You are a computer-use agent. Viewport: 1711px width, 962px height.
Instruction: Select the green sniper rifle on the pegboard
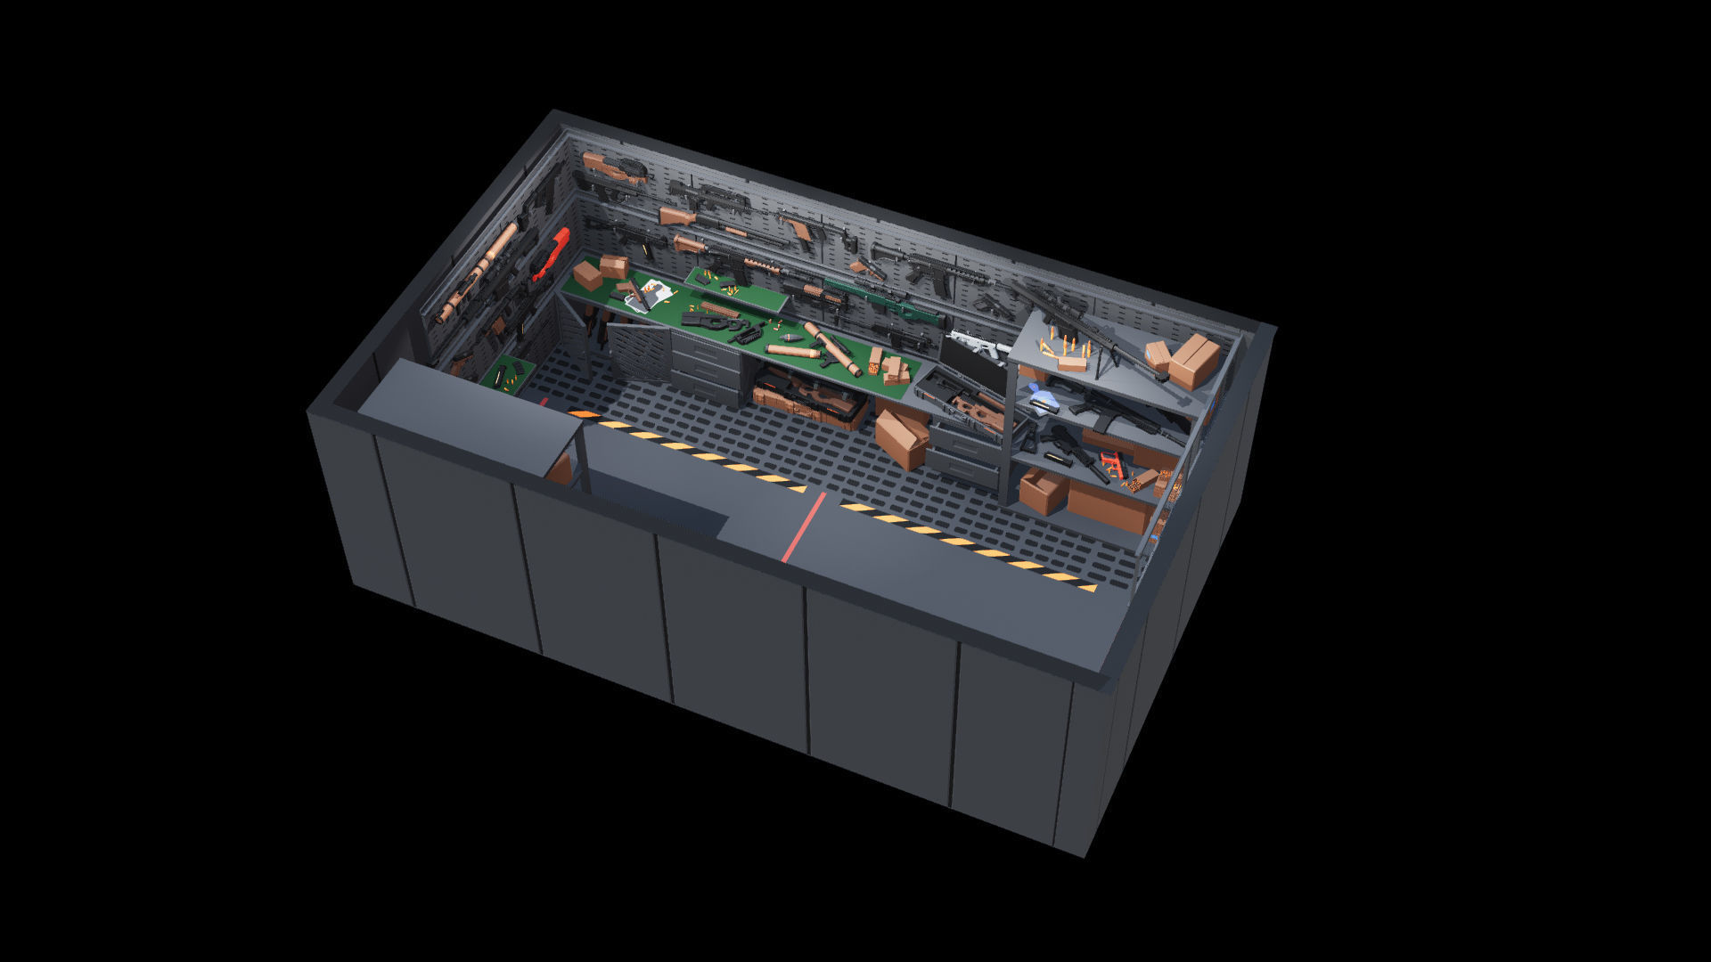point(882,298)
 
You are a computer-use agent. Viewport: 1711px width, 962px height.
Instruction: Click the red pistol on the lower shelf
point(1112,462)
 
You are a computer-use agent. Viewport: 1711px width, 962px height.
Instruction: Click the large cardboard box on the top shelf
point(1194,360)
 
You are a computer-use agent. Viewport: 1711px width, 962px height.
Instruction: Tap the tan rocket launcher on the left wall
point(476,272)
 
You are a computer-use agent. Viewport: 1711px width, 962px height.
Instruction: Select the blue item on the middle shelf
point(1039,395)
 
